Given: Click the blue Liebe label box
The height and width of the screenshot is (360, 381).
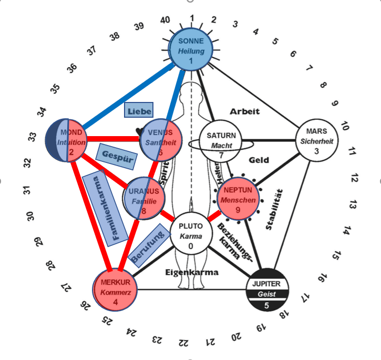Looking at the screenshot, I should (139, 110).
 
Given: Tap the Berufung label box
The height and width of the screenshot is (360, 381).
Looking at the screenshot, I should (148, 239).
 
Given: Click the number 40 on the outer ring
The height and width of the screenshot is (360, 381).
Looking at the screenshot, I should (166, 20).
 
